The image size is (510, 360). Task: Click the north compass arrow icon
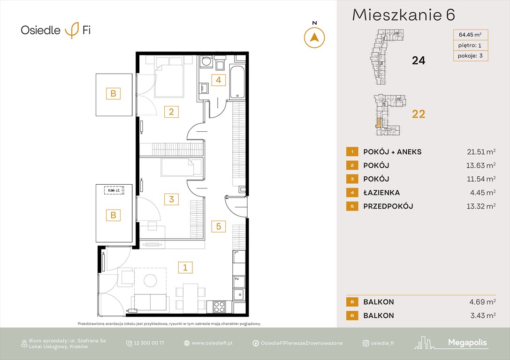[314, 37]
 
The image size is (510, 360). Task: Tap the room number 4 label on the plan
[217, 80]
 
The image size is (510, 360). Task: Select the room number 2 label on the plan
[171, 112]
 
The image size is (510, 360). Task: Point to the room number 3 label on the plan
[171, 199]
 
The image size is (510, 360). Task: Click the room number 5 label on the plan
[218, 226]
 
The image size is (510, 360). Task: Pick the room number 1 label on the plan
[185, 268]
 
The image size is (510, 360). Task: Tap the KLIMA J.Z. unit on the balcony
[114, 190]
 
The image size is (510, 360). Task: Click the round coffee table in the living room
[151, 280]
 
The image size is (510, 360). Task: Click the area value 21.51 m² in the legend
[478, 151]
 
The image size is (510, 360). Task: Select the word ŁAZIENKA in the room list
[381, 192]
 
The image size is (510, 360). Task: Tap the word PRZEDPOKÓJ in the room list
[388, 206]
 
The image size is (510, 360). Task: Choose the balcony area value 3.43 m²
[480, 315]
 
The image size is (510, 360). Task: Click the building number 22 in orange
[418, 114]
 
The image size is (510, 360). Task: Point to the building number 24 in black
[418, 60]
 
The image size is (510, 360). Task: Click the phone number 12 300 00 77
[150, 343]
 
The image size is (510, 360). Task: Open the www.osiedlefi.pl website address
[212, 343]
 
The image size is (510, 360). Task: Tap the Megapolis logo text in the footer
[468, 343]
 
